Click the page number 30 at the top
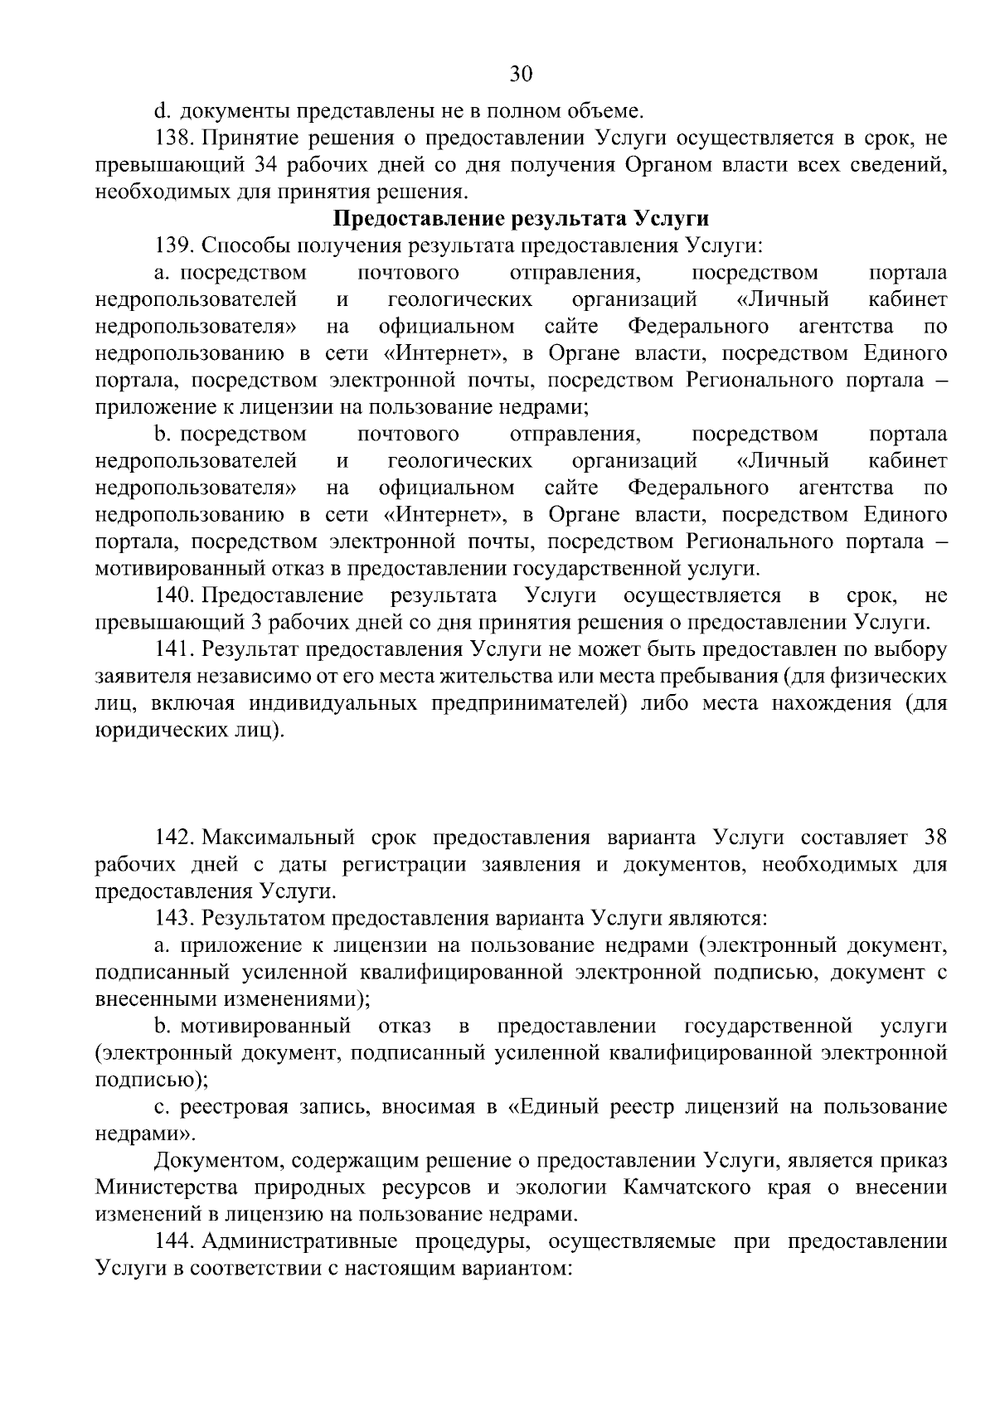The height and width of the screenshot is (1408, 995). point(521,74)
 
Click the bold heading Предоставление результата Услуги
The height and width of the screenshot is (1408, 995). point(521,219)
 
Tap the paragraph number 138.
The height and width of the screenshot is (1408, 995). point(173,138)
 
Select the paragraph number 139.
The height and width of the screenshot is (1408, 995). point(173,246)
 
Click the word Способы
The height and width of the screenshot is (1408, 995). point(240,246)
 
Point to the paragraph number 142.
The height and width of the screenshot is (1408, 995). point(173,837)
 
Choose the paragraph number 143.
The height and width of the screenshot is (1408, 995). point(173,918)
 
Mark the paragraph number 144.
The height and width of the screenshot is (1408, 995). point(173,1242)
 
